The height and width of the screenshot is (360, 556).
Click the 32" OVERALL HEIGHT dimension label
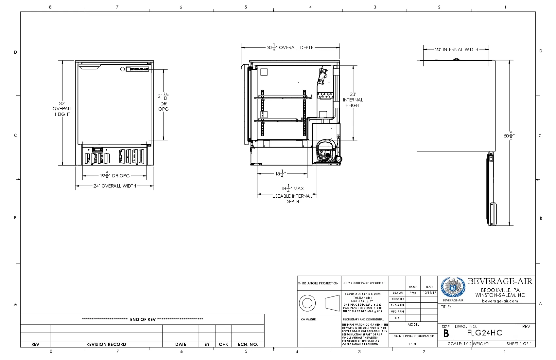coord(62,109)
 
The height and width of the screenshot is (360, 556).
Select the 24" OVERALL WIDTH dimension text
coord(114,186)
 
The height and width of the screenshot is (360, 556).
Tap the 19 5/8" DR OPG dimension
coord(115,176)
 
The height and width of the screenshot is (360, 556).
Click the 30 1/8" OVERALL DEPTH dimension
coord(290,48)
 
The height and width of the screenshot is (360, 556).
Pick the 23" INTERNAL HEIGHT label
coord(353,100)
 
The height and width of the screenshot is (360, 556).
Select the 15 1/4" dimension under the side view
coord(280,174)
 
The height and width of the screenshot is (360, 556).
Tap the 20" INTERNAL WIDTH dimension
coord(456,49)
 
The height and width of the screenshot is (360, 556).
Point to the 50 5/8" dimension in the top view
coord(509,135)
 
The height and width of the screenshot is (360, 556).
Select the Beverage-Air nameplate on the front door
coord(139,69)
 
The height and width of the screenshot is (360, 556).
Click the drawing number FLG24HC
coord(484,333)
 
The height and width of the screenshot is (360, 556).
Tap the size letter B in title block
coord(446,333)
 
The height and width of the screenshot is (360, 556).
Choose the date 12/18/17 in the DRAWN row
coord(429,293)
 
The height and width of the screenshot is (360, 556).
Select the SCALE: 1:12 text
coord(460,344)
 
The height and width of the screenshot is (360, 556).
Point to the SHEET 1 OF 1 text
coord(519,344)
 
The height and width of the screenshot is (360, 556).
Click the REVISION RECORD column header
coord(106,344)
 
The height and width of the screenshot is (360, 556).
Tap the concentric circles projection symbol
coord(307,303)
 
